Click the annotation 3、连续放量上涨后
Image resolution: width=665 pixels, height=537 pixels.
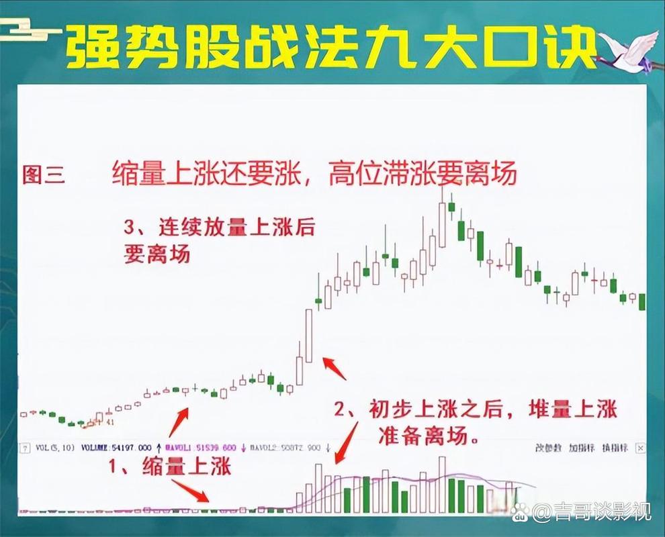[x=219, y=228]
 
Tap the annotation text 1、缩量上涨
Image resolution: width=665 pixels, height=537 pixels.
[x=171, y=466]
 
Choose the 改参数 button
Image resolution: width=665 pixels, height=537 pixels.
[x=548, y=447]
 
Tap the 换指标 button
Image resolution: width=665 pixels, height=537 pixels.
[x=615, y=447]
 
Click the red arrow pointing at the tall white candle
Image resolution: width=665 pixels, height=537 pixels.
[x=335, y=367]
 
